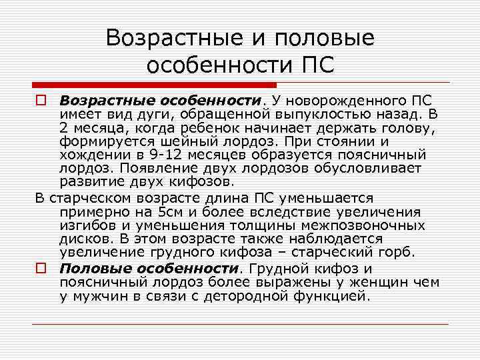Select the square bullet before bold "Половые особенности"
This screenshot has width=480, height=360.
click(x=40, y=269)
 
